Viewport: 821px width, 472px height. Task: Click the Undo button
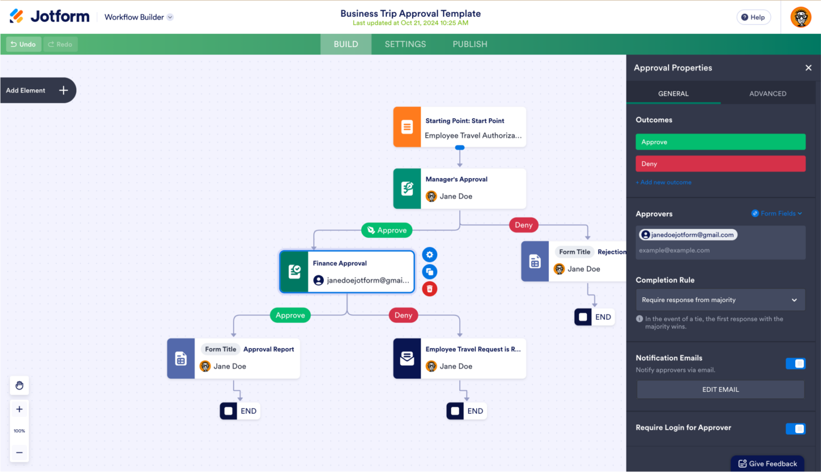[x=24, y=44]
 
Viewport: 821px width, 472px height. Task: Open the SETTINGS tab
[x=405, y=44]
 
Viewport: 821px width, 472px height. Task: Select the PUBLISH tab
[x=470, y=44]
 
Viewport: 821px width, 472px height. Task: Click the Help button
[x=753, y=17]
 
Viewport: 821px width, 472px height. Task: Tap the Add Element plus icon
[x=64, y=90]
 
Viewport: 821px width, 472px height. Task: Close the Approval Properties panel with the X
[x=808, y=68]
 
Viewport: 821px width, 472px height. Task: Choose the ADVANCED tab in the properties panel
[x=768, y=94]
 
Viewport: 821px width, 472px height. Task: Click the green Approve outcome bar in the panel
[x=720, y=142]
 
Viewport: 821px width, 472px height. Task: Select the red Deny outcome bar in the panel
[x=720, y=164]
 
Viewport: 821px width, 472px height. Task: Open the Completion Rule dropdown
[x=720, y=300]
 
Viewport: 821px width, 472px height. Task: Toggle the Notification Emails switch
[x=795, y=363]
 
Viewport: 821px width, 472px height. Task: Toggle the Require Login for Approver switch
[x=795, y=429]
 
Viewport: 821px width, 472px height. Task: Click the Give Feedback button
[x=768, y=463]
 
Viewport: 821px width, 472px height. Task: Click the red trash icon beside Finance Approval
[x=430, y=289]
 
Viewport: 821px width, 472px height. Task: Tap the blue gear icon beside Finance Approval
[x=430, y=255]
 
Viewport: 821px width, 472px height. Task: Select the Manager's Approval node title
[x=456, y=180]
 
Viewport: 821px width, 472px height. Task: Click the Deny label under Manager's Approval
[x=523, y=225]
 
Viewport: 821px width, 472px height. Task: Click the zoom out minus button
[x=19, y=452]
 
